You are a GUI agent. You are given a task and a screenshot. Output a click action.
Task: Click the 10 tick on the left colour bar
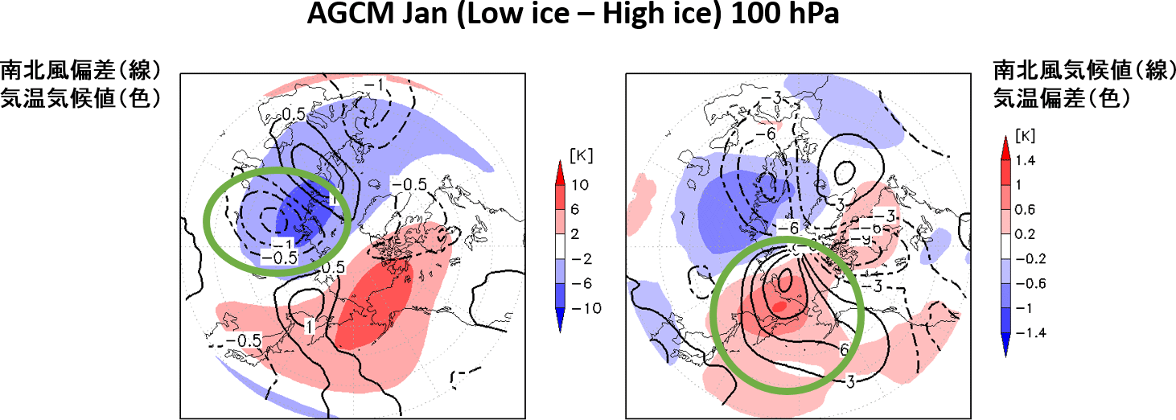(580, 185)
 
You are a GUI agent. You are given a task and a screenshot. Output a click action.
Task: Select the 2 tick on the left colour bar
(577, 234)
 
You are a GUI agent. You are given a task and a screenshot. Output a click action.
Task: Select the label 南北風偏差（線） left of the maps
(80, 68)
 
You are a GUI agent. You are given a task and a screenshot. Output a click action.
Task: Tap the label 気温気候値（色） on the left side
(80, 98)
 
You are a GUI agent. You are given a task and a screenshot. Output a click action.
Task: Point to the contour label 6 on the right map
(844, 348)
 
